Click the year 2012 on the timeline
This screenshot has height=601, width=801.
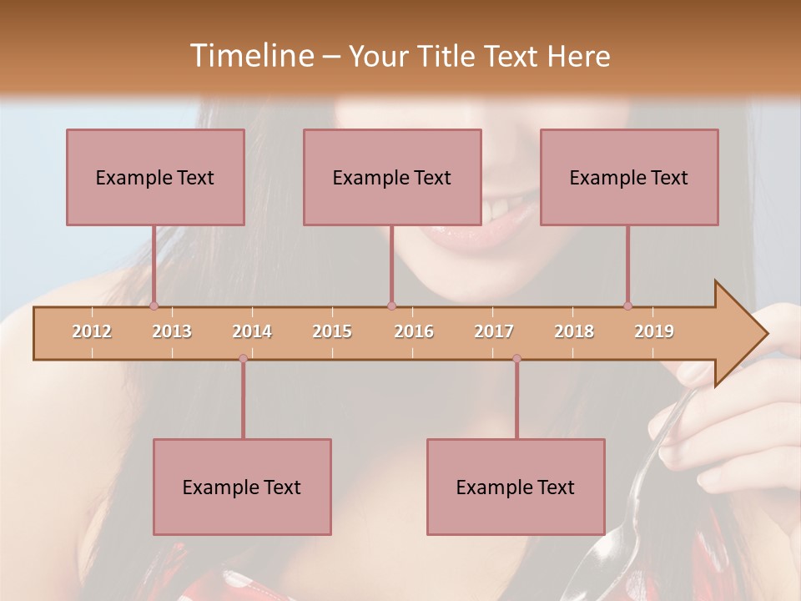(x=92, y=331)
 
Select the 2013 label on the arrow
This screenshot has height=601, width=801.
(x=172, y=331)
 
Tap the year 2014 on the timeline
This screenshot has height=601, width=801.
(x=252, y=331)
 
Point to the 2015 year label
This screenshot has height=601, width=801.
(x=332, y=331)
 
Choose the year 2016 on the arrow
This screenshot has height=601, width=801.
(x=414, y=331)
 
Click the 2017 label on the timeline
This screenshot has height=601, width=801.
(x=494, y=331)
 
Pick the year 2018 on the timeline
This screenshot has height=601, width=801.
(x=574, y=331)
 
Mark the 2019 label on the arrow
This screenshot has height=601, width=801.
(x=654, y=331)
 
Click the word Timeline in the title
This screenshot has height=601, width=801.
(x=250, y=56)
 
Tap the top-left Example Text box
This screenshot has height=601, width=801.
(x=155, y=177)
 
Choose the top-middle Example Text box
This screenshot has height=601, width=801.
(x=392, y=177)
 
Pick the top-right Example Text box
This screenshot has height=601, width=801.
(x=629, y=177)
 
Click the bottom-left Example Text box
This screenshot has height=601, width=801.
(x=242, y=487)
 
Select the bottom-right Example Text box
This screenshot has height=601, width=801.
(x=516, y=487)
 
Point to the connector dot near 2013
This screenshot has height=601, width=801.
(x=154, y=306)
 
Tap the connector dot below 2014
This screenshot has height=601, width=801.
(x=243, y=359)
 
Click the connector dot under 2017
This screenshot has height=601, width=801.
(x=516, y=359)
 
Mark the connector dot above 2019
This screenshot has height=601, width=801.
(x=627, y=306)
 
